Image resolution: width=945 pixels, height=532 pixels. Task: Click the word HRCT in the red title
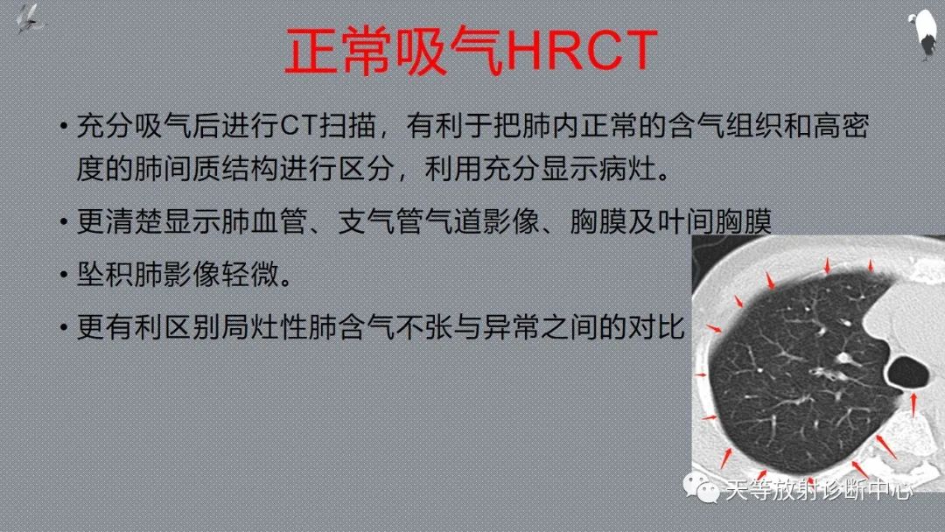click(581, 52)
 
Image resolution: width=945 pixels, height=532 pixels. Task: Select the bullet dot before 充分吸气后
click(64, 128)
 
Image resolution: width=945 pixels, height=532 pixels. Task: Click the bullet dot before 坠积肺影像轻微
click(64, 276)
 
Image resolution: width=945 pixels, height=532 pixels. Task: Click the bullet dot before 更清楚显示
click(64, 222)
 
